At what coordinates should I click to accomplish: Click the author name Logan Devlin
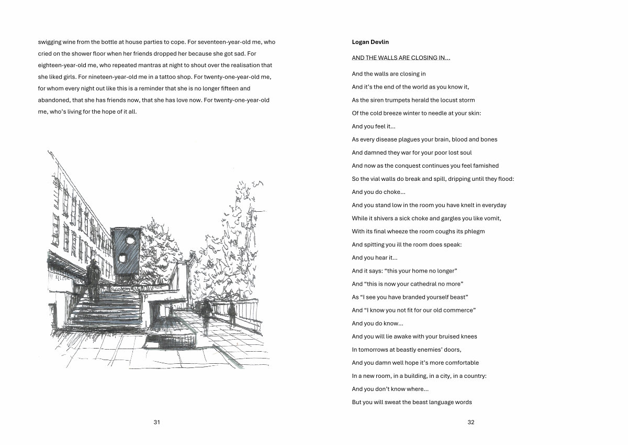point(370,42)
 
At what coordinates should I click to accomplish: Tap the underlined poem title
point(401,58)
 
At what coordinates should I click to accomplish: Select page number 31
point(156,422)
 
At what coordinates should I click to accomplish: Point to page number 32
point(470,422)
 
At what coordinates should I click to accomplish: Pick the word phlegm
point(474,232)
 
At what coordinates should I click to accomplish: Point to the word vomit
point(492,219)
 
